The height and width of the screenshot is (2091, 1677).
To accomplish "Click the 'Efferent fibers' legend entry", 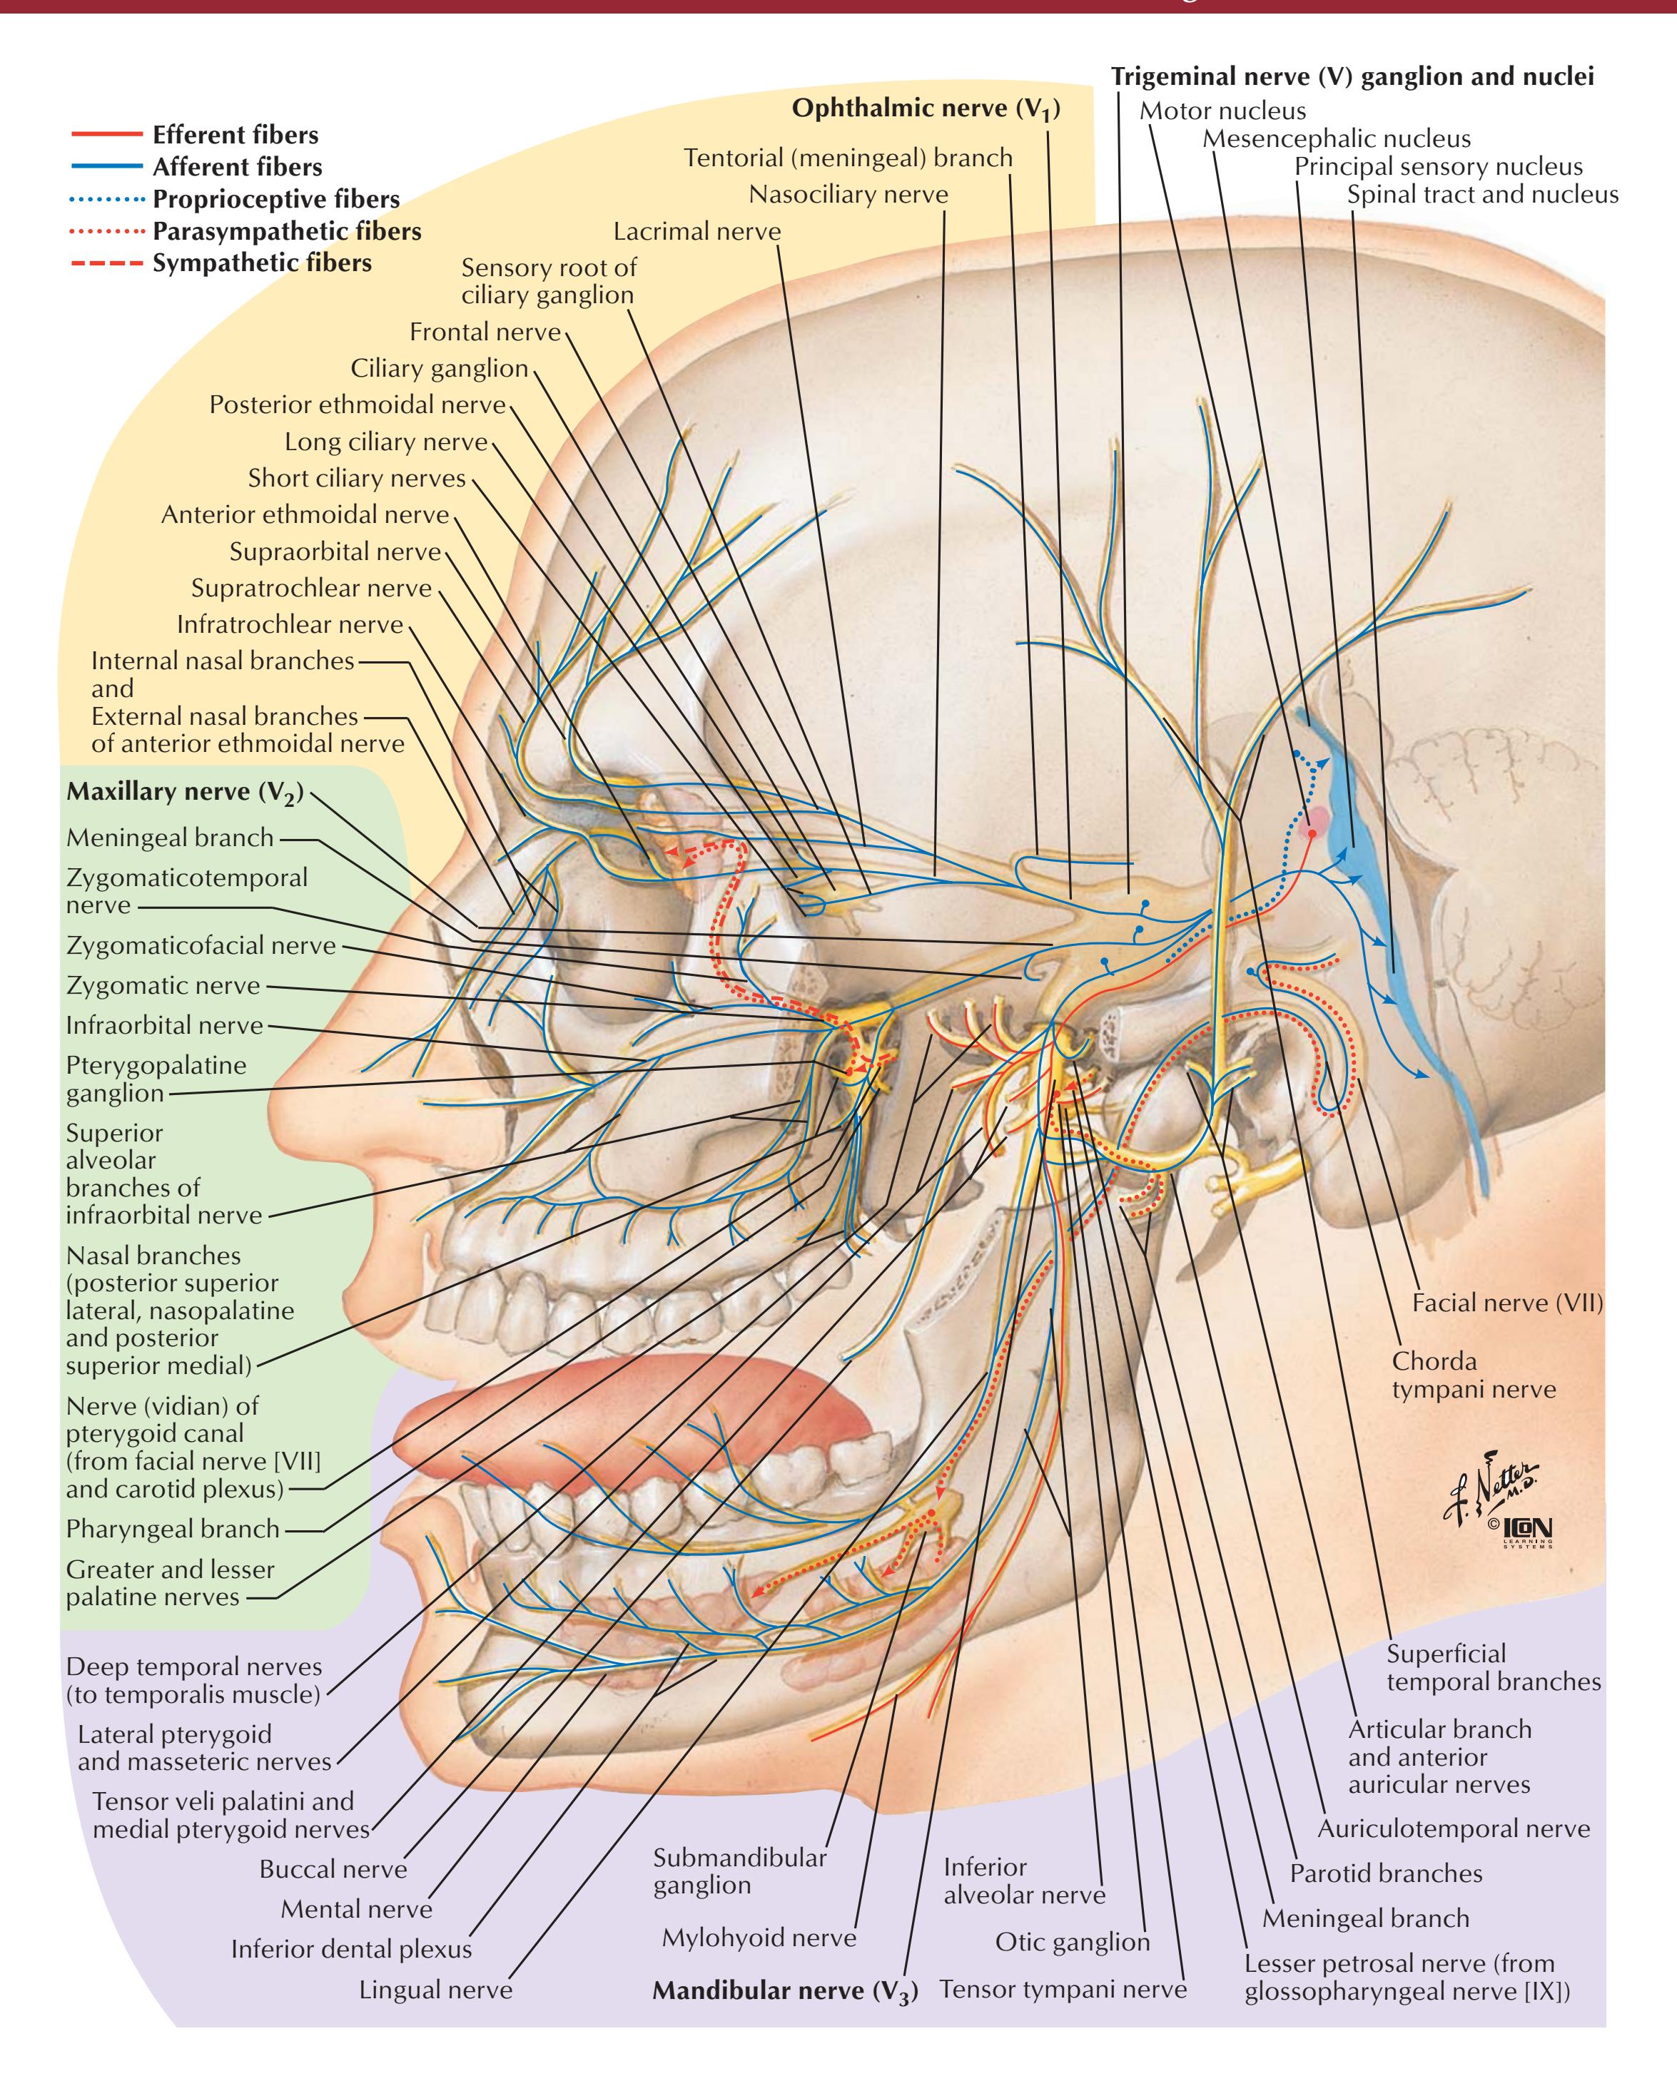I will pos(235,135).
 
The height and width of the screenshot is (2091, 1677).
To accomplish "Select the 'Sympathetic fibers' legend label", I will pos(261,263).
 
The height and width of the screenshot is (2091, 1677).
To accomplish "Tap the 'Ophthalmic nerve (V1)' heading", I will pos(926,108).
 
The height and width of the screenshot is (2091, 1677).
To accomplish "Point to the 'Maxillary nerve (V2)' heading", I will pos(184,793).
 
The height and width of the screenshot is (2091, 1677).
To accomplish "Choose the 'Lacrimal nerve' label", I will pos(696,232).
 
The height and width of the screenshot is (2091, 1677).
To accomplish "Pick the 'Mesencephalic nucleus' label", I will pos(1336,138).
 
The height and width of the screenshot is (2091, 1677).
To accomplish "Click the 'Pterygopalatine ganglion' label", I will pos(155,1079).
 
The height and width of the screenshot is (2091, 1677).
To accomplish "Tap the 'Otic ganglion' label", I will pos(1072,1942).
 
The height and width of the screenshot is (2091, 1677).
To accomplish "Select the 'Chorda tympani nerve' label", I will pos(1472,1375).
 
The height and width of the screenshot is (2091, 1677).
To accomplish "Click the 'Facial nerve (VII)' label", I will pos(1506,1303).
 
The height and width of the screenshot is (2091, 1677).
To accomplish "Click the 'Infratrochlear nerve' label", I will pos(289,624).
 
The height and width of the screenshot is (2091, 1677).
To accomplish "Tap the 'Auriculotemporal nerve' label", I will pos(1453,1828).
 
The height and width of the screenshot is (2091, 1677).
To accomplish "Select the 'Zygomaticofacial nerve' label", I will pos(201,945).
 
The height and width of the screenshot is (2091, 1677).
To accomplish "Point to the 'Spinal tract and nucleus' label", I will pos(1482,195).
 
